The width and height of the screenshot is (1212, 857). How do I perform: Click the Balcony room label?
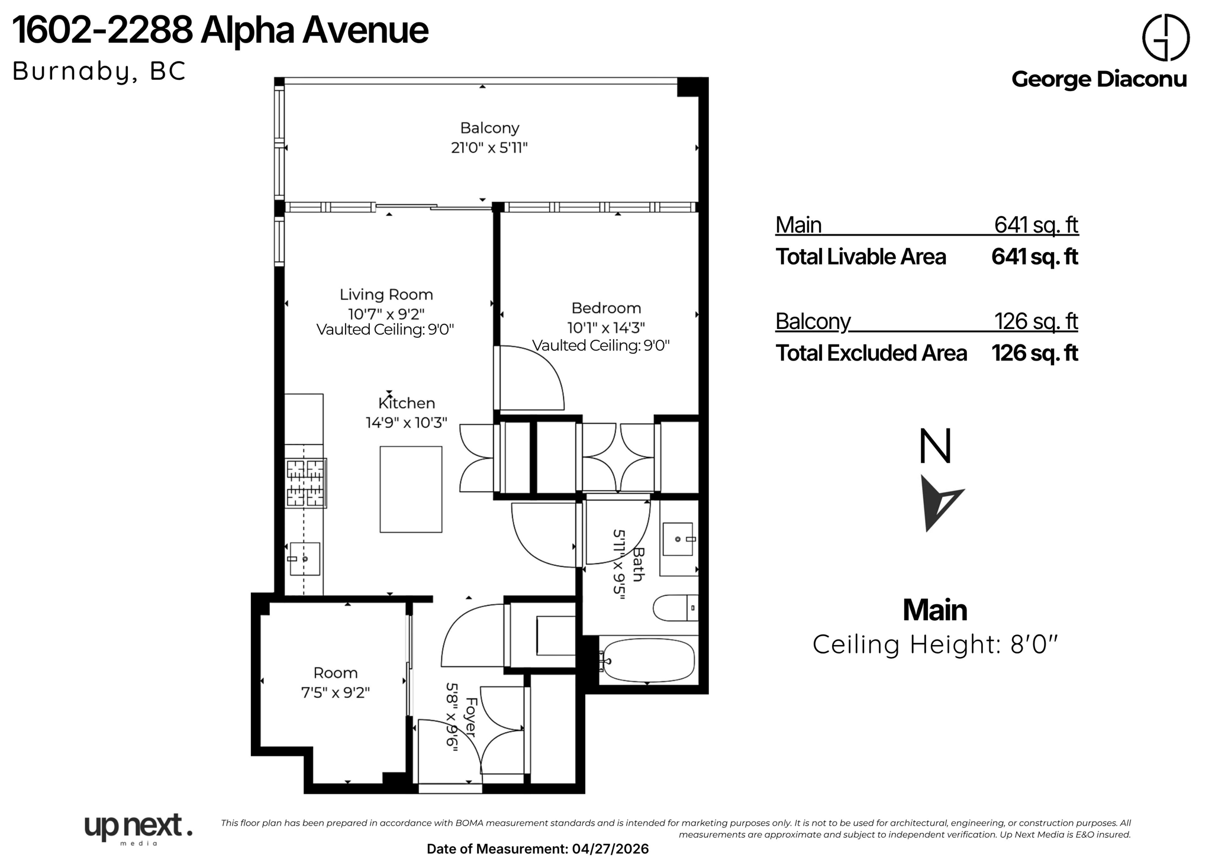(489, 128)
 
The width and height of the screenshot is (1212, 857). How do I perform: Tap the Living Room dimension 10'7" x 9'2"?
(386, 314)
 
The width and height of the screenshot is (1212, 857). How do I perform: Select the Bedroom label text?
(606, 308)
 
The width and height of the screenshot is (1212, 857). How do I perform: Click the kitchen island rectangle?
(411, 489)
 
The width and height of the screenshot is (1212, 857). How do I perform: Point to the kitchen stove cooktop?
(305, 483)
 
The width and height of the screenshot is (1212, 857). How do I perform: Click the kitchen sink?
(305, 559)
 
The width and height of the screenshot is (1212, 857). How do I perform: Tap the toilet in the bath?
(675, 608)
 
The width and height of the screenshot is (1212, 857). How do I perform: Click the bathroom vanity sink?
(678, 539)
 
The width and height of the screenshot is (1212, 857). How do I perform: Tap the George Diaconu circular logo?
(1165, 37)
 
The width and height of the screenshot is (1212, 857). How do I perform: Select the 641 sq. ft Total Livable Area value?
(1034, 257)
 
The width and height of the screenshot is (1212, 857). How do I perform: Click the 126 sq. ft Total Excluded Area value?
(1034, 353)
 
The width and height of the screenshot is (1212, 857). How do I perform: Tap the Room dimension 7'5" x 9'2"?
(335, 692)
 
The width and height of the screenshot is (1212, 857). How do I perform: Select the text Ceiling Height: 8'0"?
(934, 645)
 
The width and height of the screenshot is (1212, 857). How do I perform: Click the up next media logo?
(138, 828)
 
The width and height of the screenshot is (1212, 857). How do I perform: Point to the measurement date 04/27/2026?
(610, 849)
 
